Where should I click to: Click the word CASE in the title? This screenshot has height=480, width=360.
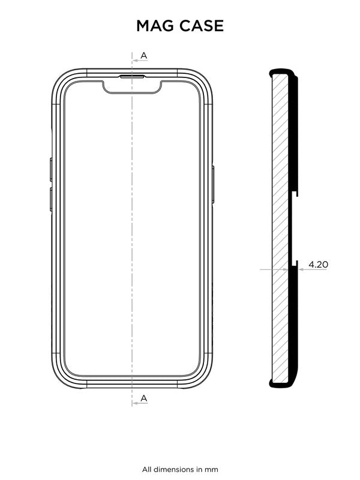coord(202,26)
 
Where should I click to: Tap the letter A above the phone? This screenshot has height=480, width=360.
coord(144,55)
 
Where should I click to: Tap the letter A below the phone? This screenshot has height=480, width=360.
coord(144,398)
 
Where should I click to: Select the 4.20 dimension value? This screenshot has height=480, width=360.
coord(317,264)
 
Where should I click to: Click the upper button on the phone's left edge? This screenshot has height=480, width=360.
coord(50,169)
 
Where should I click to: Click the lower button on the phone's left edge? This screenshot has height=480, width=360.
coord(50,199)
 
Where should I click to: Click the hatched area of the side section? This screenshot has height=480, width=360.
coord(280,228)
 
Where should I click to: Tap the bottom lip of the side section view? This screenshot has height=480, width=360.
coord(282,386)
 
